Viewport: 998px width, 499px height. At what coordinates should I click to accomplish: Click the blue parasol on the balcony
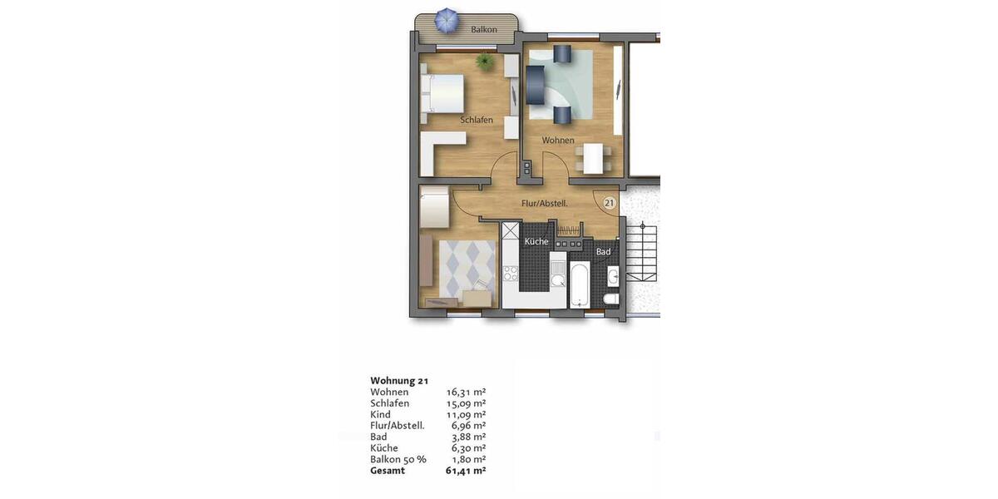(447, 20)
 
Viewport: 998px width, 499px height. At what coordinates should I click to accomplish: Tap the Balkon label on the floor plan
(484, 30)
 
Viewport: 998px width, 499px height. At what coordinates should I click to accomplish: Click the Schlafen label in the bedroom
(477, 120)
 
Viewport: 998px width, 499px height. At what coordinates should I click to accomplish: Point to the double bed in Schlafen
(442, 93)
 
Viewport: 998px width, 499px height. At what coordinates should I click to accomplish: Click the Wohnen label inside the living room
(558, 140)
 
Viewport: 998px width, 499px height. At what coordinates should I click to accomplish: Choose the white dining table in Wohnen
(593, 158)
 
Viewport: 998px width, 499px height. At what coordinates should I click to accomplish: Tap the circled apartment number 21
(609, 203)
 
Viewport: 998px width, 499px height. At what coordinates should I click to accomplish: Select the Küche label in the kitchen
(536, 241)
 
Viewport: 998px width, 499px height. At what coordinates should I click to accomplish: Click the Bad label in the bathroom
(604, 251)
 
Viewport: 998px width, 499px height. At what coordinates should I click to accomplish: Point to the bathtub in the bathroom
(579, 285)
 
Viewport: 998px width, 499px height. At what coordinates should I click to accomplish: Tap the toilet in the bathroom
(610, 300)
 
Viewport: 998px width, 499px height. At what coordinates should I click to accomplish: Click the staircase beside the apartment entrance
(642, 254)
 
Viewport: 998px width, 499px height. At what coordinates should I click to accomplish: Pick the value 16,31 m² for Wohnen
(466, 392)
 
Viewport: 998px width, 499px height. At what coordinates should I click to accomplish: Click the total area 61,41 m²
(466, 470)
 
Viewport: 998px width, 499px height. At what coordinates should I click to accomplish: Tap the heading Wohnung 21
(399, 381)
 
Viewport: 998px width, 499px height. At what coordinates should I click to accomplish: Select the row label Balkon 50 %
(398, 459)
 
